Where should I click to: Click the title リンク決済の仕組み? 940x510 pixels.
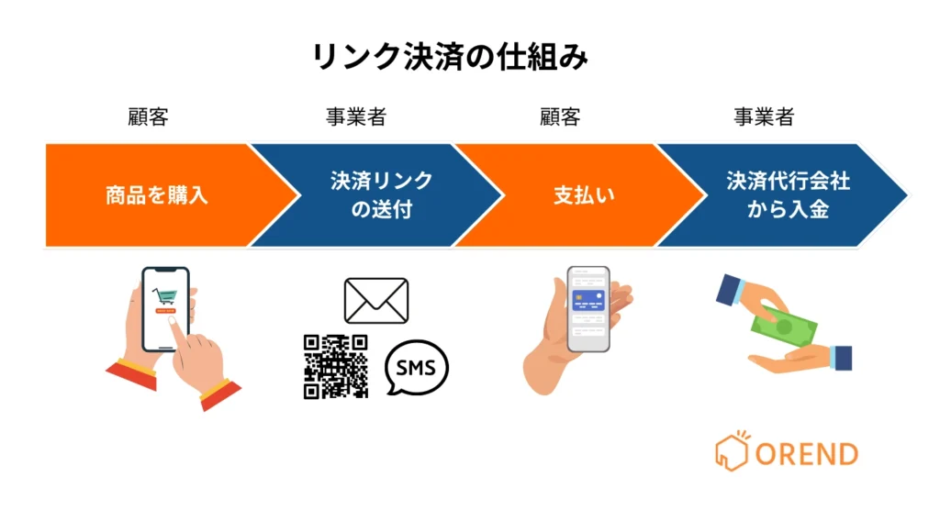click(x=450, y=57)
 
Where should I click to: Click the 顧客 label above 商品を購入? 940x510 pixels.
click(x=148, y=117)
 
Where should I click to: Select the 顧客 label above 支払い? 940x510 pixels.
click(x=560, y=117)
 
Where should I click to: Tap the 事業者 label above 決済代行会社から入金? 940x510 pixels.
click(x=764, y=117)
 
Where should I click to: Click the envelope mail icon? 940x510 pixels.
click(x=376, y=300)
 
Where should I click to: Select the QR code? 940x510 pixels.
click(x=336, y=366)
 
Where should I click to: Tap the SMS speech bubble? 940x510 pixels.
click(x=417, y=368)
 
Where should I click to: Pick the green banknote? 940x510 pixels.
click(x=787, y=326)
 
